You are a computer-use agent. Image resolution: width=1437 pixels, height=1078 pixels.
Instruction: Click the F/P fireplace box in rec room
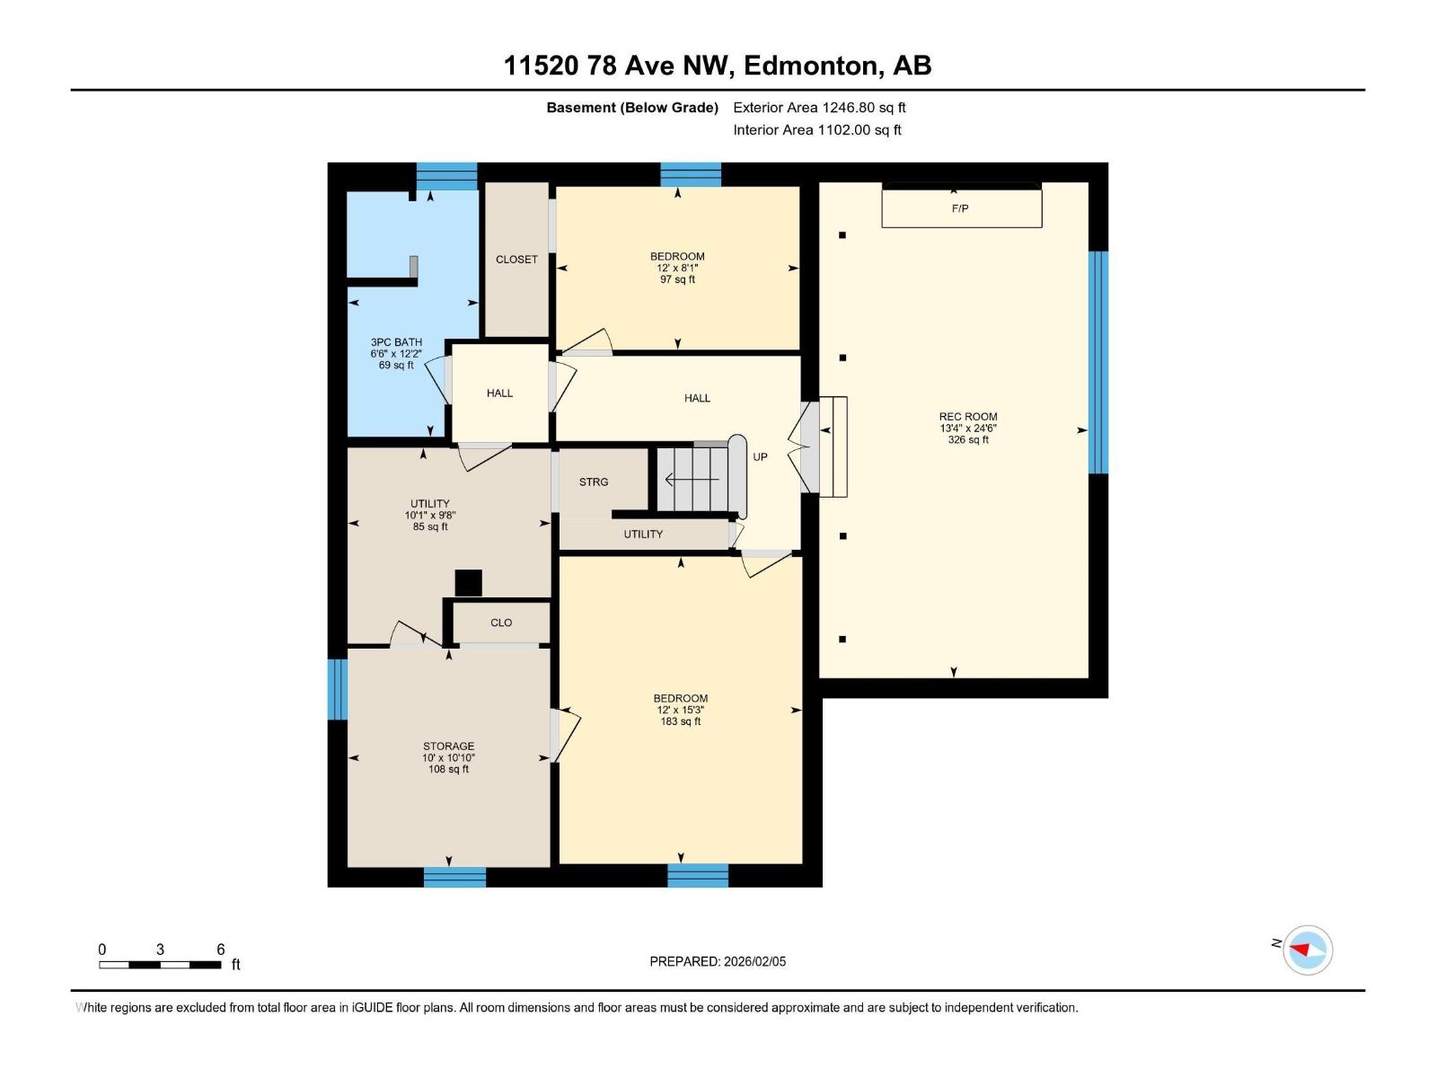pos(961,208)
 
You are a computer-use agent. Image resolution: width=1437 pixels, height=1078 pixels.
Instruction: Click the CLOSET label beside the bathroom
pos(516,260)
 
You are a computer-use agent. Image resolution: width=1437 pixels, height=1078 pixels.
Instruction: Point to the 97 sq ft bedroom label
pos(677,268)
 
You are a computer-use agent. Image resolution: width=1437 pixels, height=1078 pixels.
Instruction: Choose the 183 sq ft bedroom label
pos(680,710)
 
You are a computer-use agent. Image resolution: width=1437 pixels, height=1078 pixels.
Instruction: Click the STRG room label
pos(594,482)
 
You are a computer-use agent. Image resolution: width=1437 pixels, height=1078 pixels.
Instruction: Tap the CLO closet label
pos(501,623)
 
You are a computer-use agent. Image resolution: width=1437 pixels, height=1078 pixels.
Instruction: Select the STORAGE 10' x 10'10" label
pos(448,757)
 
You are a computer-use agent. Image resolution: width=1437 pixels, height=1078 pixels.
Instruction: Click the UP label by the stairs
pos(760,457)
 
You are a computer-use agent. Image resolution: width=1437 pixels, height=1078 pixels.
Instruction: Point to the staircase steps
pos(693,480)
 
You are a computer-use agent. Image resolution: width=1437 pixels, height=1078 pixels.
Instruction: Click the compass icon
pos(1307,950)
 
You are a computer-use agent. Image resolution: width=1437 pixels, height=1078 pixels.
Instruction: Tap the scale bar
pos(160,965)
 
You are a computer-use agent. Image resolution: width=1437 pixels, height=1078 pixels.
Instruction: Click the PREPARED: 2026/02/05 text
pos(718,961)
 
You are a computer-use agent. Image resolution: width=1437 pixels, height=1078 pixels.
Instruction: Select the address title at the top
pos(718,66)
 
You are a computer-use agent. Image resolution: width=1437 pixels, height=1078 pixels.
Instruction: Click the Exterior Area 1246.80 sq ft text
pos(819,108)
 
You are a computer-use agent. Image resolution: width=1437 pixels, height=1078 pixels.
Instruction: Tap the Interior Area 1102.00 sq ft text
pos(816,130)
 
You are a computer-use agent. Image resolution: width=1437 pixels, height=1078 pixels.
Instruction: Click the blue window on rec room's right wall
pos(1098,362)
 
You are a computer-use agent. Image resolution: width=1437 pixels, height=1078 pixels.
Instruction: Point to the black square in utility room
pos(468,583)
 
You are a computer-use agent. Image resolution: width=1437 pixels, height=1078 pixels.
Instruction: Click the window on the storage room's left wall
pos(337,689)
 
